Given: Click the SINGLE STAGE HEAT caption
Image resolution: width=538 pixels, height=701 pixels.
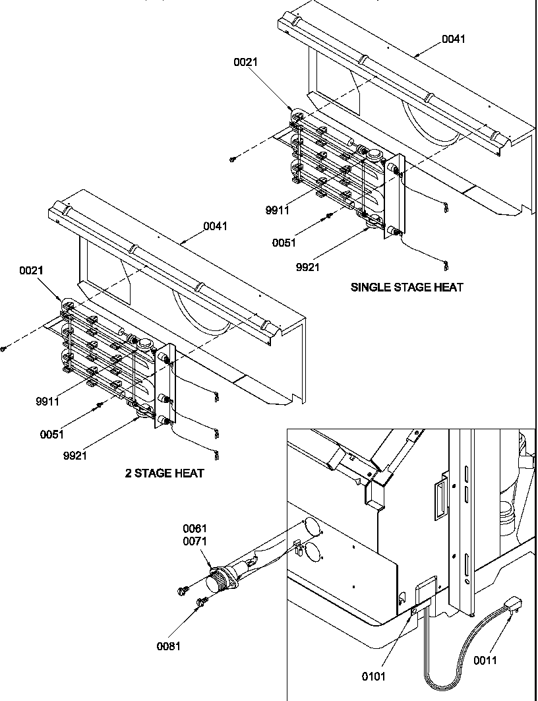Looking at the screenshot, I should [x=406, y=287].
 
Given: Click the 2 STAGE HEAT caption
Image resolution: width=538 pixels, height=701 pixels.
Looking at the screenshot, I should [x=164, y=473].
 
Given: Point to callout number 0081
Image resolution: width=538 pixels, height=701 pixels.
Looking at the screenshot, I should [x=168, y=646].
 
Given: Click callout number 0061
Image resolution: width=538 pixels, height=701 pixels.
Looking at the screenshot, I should [x=195, y=528].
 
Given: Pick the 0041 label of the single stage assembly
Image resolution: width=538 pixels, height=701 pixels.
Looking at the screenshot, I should [x=453, y=39].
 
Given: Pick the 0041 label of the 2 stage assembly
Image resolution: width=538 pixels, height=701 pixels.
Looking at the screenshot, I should [x=215, y=226].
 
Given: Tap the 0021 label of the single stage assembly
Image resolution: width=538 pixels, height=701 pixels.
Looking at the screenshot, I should [x=245, y=62].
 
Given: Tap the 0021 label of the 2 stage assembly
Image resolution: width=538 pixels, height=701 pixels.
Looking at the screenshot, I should [x=31, y=270].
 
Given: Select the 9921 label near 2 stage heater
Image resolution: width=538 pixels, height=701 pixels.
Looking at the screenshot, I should [x=76, y=456].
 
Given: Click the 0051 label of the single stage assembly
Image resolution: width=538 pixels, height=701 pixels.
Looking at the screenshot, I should [x=284, y=243].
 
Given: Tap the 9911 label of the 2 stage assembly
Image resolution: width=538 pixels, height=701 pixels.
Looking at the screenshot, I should [x=47, y=400].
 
